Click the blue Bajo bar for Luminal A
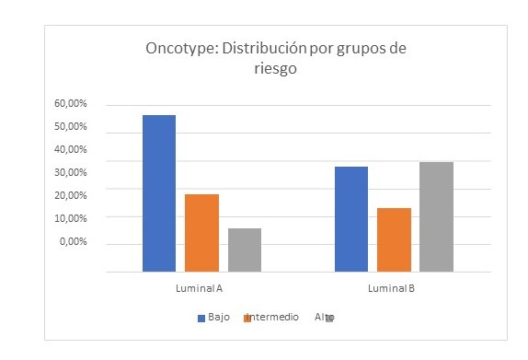[158, 193]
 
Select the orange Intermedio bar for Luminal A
[201, 233]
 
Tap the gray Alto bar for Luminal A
[244, 250]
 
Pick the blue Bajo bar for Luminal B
[351, 219]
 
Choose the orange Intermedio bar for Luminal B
[394, 239]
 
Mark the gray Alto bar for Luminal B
[436, 216]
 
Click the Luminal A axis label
[201, 288]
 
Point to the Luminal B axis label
[393, 288]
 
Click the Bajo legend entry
[213, 317]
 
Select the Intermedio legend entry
[271, 317]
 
